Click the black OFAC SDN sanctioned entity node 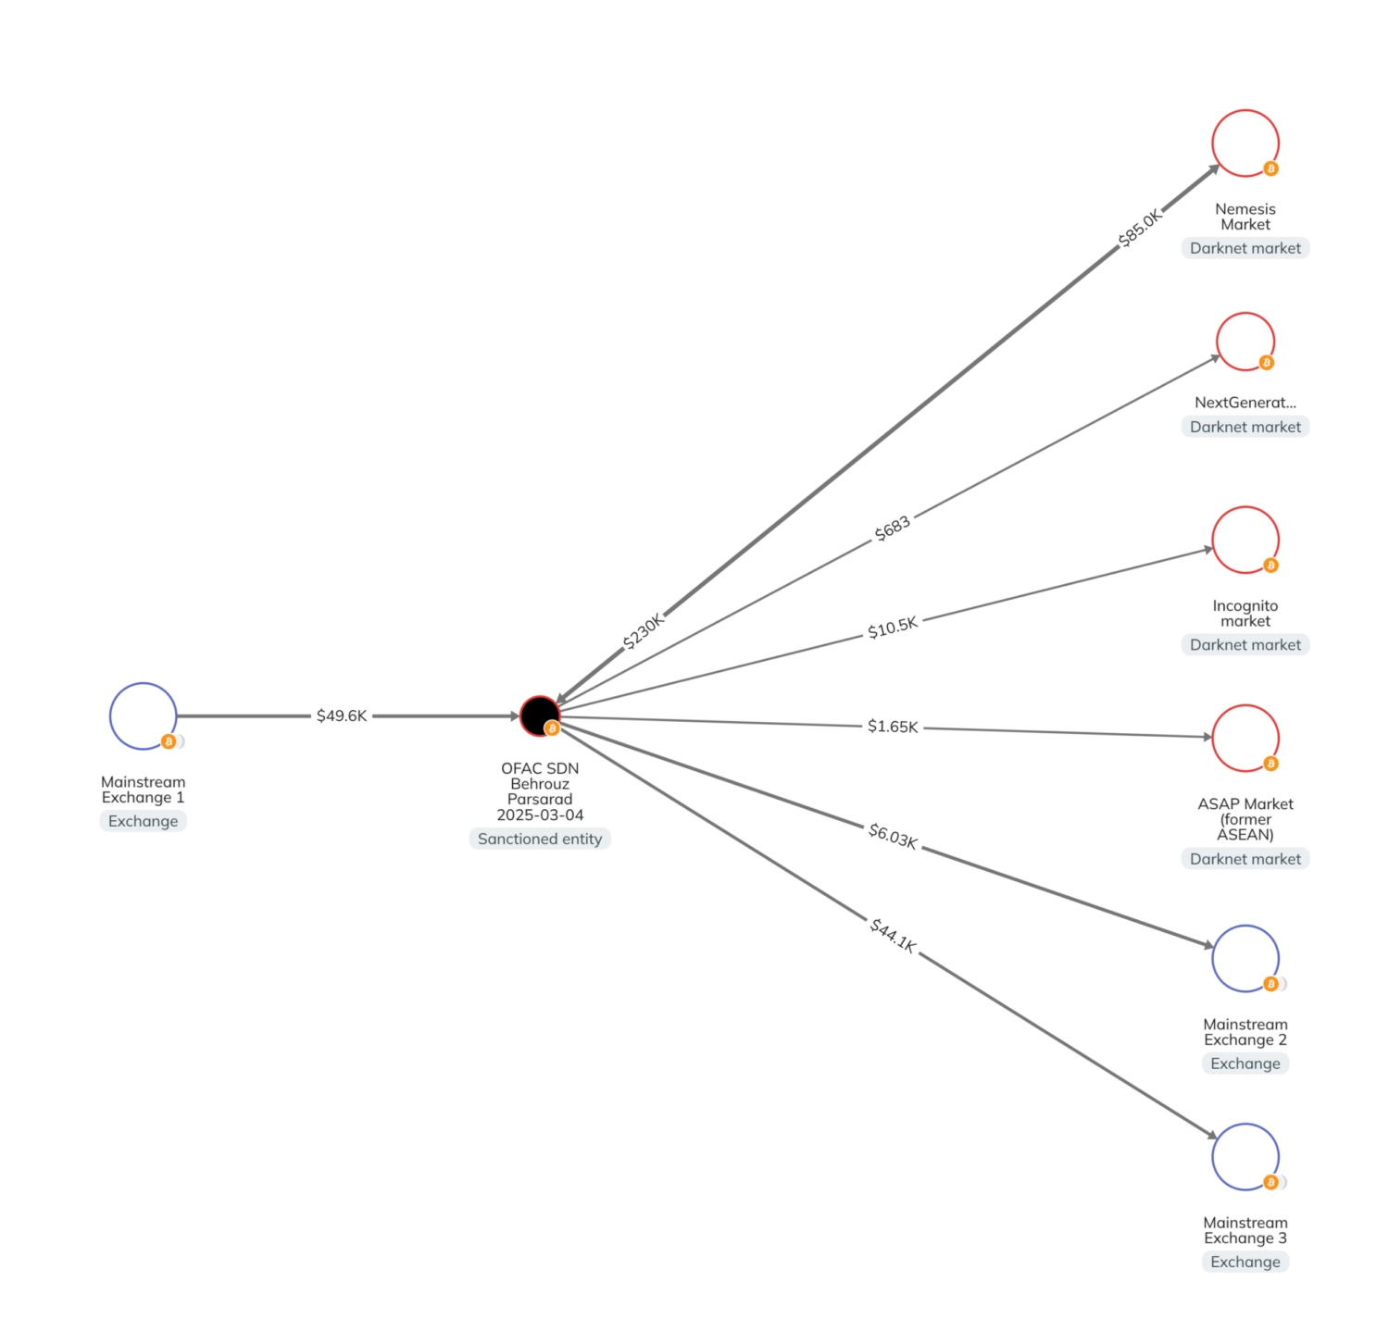coord(539,715)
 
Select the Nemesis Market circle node coord(1245,143)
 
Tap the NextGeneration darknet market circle coord(1245,342)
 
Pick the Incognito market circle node coord(1245,540)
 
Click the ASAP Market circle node coord(1245,738)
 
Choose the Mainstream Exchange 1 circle coord(143,715)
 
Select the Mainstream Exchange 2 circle coord(1245,958)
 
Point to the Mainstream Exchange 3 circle coord(1245,1156)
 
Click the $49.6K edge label coord(342,715)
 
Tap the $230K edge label coord(643,631)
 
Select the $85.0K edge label coord(1139,228)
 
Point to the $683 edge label coord(892,529)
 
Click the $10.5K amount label coord(892,628)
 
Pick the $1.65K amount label coord(892,727)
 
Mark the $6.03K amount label coord(892,836)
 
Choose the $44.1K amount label coord(892,935)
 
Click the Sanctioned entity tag coord(539,839)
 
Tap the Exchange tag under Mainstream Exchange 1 coord(143,821)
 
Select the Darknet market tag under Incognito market coord(1245,645)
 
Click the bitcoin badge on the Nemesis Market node coord(1270,168)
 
